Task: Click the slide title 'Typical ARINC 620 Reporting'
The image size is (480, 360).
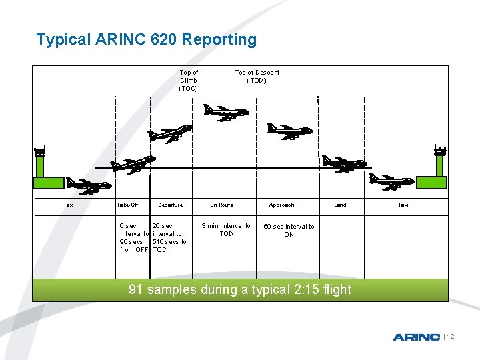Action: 146,39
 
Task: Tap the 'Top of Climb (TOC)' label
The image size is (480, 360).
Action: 189,80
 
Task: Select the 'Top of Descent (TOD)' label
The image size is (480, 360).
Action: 257,76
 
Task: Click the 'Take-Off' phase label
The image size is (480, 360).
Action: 127,205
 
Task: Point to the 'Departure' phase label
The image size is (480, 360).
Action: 170,205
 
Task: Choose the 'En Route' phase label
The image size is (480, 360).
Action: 222,205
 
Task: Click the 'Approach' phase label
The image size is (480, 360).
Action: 281,205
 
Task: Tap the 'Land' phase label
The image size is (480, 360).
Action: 340,205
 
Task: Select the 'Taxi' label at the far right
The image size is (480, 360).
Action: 403,205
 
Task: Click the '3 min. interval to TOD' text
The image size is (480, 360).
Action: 226,230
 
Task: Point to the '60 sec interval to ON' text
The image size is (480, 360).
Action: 289,230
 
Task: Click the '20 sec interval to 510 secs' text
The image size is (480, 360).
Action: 169,238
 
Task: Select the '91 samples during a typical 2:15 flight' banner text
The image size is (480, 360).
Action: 239,289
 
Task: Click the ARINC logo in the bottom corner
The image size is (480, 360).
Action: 416,337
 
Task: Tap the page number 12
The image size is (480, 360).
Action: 450,337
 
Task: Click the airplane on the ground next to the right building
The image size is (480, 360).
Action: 391,181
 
